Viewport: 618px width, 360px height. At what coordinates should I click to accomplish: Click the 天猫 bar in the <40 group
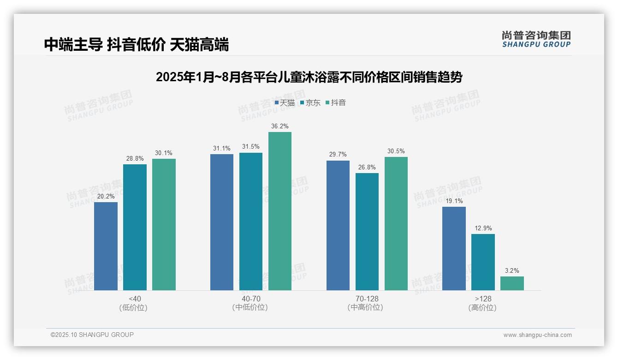(106, 246)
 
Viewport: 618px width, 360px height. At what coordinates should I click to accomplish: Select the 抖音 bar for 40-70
(280, 211)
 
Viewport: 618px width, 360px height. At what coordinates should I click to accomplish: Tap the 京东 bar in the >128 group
(483, 262)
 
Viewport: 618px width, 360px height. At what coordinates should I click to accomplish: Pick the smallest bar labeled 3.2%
(512, 283)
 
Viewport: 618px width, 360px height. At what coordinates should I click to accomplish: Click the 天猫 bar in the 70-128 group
(338, 225)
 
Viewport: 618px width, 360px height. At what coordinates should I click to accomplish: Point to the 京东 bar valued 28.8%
(135, 227)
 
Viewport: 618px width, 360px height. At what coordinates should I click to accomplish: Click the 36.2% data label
(280, 126)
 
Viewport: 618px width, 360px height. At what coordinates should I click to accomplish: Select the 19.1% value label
(454, 201)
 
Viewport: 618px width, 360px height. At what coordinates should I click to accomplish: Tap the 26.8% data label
(367, 167)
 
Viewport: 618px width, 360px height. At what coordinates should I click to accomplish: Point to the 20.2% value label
(106, 196)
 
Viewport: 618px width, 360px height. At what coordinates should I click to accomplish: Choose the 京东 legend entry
(310, 102)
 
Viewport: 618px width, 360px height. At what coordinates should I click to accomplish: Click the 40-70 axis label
(251, 299)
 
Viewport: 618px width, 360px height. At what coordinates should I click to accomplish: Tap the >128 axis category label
(483, 299)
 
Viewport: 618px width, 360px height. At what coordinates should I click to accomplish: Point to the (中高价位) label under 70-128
(365, 307)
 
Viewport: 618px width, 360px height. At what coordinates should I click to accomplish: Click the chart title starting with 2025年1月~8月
(309, 77)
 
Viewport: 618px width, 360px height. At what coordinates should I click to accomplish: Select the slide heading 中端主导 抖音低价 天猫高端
(137, 45)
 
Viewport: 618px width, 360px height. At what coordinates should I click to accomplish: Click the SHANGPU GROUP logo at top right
(536, 39)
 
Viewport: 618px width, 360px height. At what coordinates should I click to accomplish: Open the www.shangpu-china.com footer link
(537, 335)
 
